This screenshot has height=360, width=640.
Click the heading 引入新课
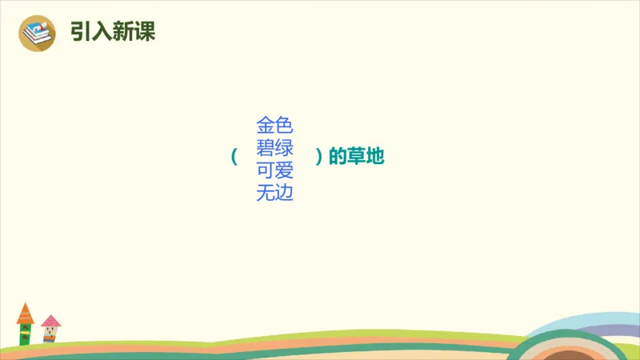pyautogui.click(x=112, y=31)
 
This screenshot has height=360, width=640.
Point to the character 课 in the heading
pyautogui.click(x=144, y=31)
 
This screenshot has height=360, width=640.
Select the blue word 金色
pyautogui.click(x=274, y=125)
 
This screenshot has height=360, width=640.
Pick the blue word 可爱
pyautogui.click(x=274, y=170)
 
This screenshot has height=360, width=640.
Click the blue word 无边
pyautogui.click(x=274, y=193)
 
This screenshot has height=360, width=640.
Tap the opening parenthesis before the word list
pyautogui.click(x=234, y=157)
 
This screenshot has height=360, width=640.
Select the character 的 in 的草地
pyautogui.click(x=338, y=158)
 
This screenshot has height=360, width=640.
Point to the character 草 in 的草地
pyautogui.click(x=357, y=158)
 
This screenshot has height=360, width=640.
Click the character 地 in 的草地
pyautogui.click(x=376, y=158)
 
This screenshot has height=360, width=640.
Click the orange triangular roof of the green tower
pyautogui.click(x=26, y=313)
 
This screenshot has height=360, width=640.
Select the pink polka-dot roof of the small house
pyautogui.click(x=50, y=321)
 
